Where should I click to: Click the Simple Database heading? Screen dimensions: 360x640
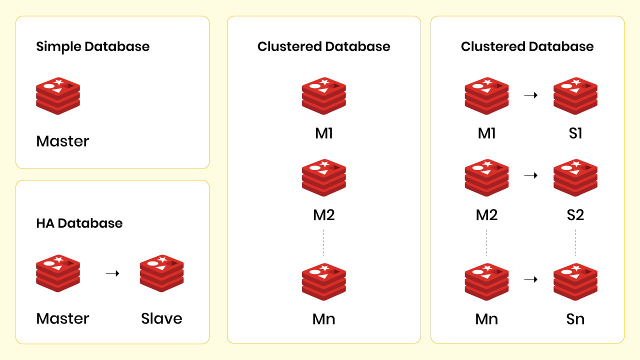93,47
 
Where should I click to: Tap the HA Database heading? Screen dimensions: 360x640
79,223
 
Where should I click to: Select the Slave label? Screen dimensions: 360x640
161,319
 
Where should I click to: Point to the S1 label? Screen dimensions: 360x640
575,133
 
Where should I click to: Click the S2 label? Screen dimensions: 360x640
575,215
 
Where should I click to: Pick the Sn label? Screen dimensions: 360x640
575,319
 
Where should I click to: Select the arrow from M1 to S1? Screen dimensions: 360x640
530,94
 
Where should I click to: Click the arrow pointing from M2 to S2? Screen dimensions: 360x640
530,175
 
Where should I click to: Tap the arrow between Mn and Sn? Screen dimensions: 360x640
530,279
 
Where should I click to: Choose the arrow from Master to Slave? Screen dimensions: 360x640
112,273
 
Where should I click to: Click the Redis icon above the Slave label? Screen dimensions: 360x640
161,273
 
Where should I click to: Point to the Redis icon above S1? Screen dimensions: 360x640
575,96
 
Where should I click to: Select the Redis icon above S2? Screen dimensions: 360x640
575,177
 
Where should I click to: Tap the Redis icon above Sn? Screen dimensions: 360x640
575,281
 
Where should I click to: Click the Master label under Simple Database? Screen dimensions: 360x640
63,141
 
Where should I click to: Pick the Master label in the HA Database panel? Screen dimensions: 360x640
63,319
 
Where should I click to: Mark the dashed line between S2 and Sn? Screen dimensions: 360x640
575,242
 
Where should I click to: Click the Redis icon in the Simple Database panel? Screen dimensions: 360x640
58,96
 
